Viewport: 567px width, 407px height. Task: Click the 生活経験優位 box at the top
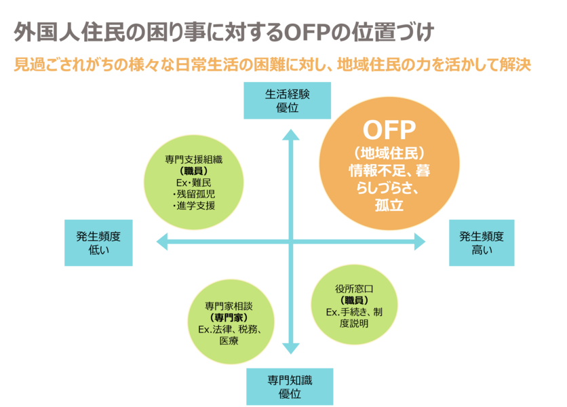[x=288, y=100]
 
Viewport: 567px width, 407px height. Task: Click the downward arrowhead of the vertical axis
[x=291, y=349]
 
